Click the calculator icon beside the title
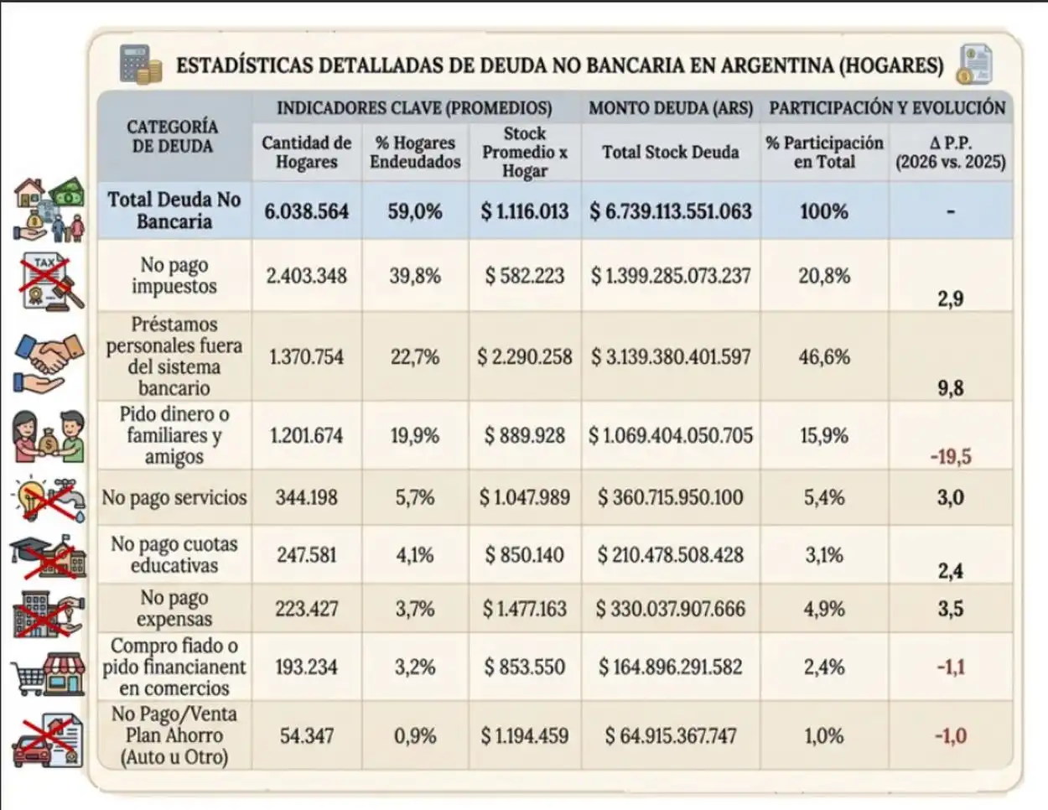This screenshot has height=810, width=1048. (x=140, y=64)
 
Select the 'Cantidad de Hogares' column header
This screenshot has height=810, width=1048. (x=306, y=153)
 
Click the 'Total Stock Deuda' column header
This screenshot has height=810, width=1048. (x=670, y=153)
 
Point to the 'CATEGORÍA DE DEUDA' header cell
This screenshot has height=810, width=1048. (x=174, y=136)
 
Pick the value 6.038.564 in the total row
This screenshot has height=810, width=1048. (x=306, y=211)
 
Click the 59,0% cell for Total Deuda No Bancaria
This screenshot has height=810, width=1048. (x=414, y=211)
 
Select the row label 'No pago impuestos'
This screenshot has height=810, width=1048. (x=174, y=275)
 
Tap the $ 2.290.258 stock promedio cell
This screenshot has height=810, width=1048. (x=524, y=357)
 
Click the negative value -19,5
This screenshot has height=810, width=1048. (x=950, y=457)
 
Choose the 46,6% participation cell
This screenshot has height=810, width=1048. (x=823, y=357)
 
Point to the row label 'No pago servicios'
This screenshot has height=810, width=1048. (x=174, y=498)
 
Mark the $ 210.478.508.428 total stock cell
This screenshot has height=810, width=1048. (x=670, y=555)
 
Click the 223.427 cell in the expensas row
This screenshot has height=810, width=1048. (x=306, y=609)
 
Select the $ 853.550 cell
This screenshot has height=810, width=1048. (x=524, y=667)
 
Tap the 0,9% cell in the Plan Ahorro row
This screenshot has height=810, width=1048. (x=414, y=736)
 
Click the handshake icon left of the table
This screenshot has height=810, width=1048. (x=49, y=362)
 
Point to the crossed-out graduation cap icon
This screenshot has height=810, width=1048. (x=49, y=555)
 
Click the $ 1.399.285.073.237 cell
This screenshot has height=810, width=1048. (x=670, y=276)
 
